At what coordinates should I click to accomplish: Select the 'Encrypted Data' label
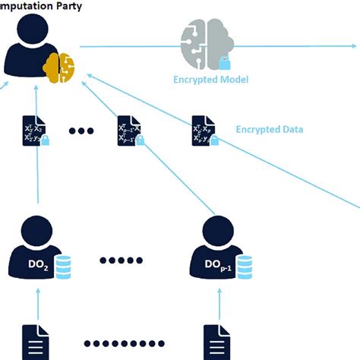(270, 129)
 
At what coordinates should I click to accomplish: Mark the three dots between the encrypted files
(81, 131)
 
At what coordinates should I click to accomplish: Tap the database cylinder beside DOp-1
(244, 266)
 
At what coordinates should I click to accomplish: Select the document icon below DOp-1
(215, 340)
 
